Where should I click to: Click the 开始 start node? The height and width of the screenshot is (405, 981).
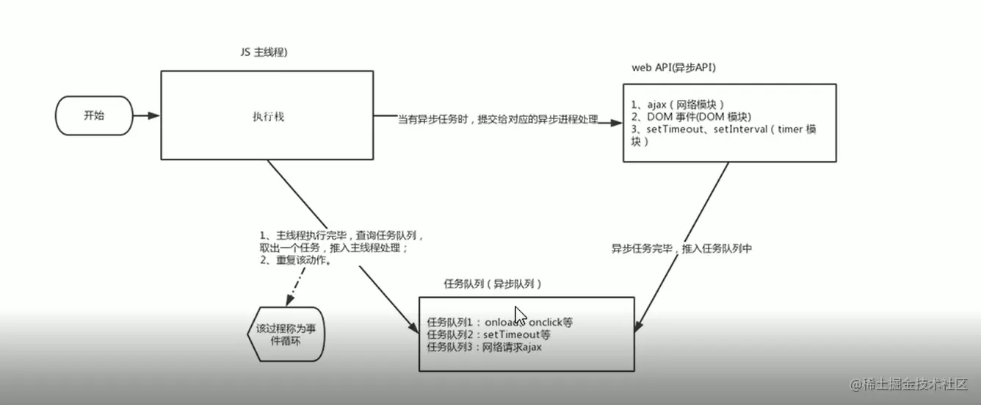tap(94, 116)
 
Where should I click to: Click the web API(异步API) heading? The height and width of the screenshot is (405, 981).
tap(673, 68)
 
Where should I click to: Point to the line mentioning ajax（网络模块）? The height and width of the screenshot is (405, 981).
tap(678, 104)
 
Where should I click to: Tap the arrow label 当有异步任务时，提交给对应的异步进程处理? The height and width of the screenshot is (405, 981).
tap(498, 119)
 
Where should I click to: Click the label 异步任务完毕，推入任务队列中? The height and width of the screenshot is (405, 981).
tap(681, 248)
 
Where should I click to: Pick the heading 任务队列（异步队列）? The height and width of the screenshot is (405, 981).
tap(493, 284)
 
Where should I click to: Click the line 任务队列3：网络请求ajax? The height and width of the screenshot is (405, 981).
tap(484, 347)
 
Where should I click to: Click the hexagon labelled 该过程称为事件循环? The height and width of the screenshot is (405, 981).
tap(283, 335)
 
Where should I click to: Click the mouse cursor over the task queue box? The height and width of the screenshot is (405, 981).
tap(520, 315)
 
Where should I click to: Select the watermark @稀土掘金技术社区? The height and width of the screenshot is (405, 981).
tap(909, 384)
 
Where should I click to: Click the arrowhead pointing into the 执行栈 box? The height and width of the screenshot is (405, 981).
tap(153, 116)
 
